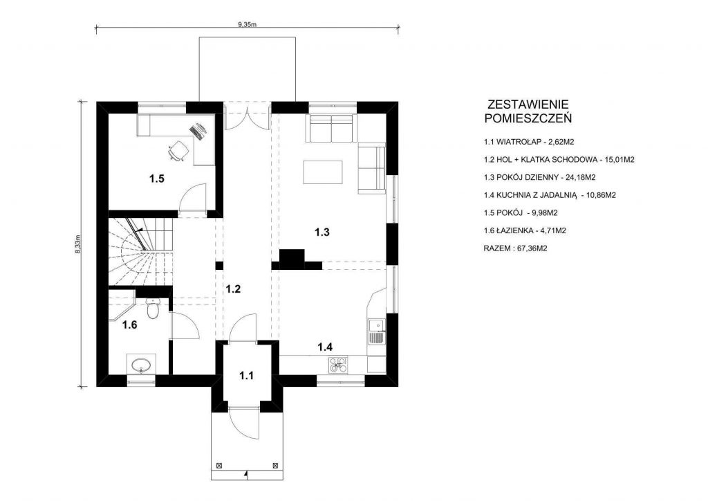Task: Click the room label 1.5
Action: pos(157,179)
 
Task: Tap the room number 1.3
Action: pos(322,233)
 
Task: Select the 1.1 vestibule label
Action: pos(247,376)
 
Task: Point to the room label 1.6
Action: pos(129,325)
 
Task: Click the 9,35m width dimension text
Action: pos(247,25)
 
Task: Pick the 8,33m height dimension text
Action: pos(77,244)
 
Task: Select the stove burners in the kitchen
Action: pos(339,364)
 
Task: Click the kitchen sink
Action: pos(377,331)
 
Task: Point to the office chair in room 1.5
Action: pos(178,150)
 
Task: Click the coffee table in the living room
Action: pos(322,172)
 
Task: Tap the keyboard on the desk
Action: pos(197,131)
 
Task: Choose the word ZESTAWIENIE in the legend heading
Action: pos(528,104)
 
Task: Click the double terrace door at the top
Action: pos(247,116)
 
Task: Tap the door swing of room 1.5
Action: pos(193,197)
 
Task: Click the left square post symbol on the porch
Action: pos(219,465)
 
